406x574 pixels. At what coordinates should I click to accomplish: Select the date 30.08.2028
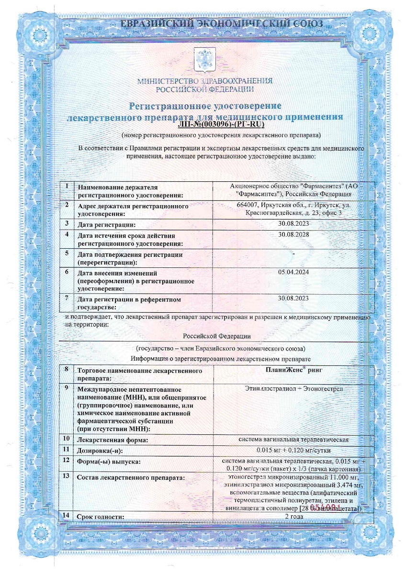pyautogui.click(x=293, y=234)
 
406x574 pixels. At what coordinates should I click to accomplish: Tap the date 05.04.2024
pyautogui.click(x=293, y=272)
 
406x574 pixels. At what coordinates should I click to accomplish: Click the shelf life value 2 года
pyautogui.click(x=293, y=517)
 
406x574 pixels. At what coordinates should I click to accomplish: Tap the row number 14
pyautogui.click(x=66, y=516)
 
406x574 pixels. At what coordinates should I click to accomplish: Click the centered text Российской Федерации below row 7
pyautogui.click(x=217, y=336)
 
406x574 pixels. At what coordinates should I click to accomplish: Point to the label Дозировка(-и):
pyautogui.click(x=103, y=451)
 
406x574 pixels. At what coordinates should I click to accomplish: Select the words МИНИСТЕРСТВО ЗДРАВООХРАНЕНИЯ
pyautogui.click(x=205, y=81)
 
